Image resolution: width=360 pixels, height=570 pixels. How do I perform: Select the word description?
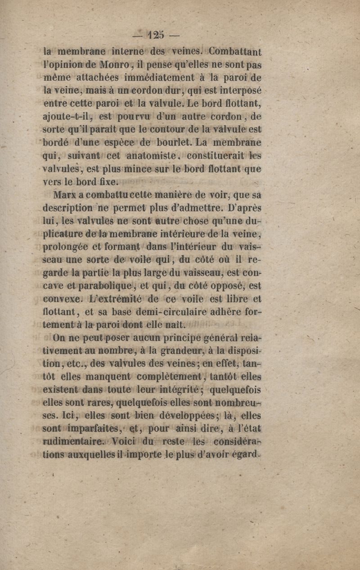pyautogui.click(x=69, y=209)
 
